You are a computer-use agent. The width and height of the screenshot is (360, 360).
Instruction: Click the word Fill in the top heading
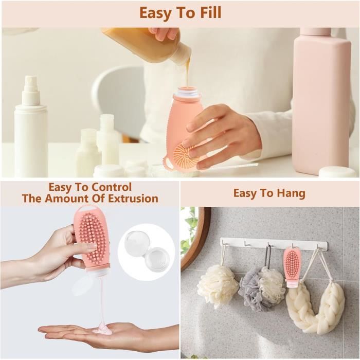207,13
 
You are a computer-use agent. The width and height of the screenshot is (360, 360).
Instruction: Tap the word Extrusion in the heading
133,199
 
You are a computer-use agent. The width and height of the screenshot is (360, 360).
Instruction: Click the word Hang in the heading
291,194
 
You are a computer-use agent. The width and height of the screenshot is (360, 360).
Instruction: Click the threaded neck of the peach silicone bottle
187,92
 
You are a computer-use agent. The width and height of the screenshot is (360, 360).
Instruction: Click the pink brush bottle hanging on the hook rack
293,268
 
